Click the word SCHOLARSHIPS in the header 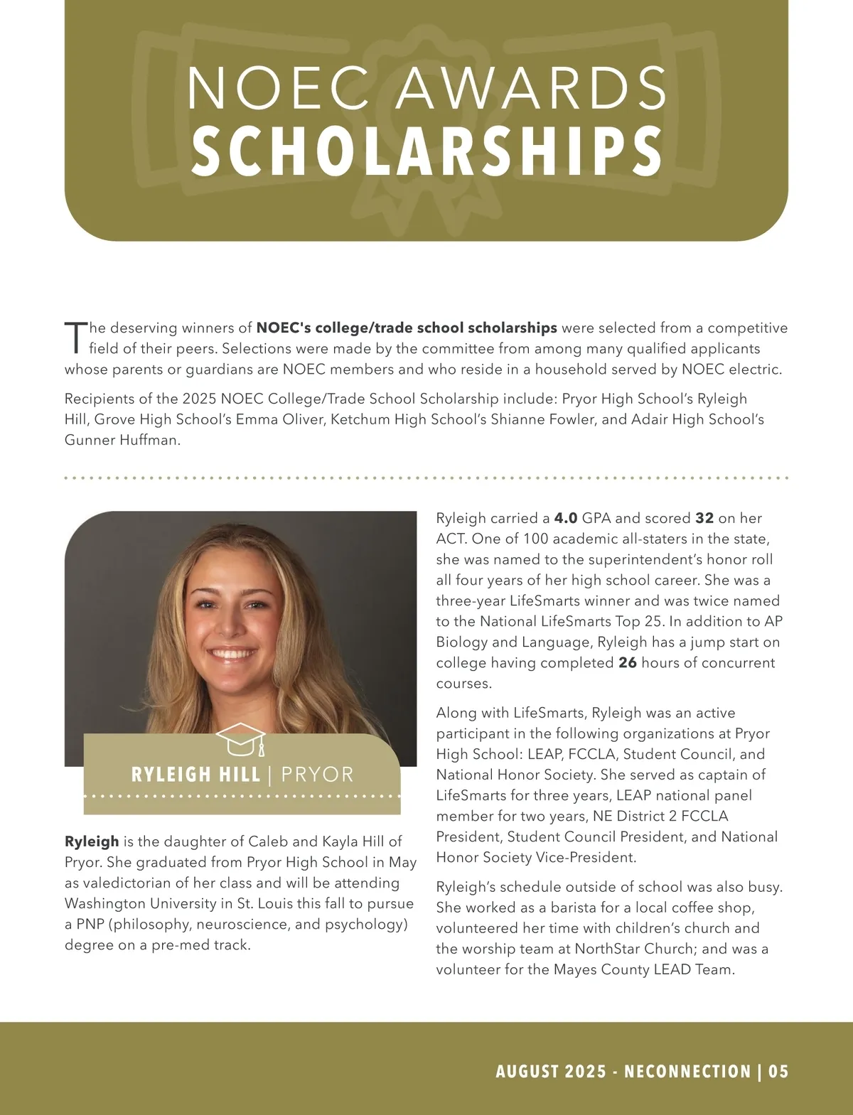point(426,151)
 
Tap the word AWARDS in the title point(531,88)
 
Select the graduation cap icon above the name point(242,740)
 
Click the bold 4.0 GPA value point(566,518)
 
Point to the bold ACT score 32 point(704,518)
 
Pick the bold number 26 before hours point(628,662)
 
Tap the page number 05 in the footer point(778,1072)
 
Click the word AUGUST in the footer point(526,1072)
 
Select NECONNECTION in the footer point(687,1072)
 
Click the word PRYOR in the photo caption point(317,775)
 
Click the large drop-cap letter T point(75,338)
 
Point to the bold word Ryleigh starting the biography point(92,841)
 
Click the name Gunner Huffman point(122,440)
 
